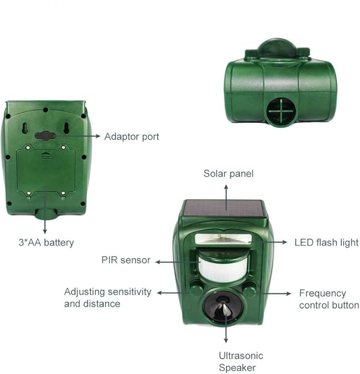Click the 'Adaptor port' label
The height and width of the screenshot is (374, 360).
131,137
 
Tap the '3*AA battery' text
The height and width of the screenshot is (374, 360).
46,242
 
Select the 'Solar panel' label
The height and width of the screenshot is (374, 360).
229,173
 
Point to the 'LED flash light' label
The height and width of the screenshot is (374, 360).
327,242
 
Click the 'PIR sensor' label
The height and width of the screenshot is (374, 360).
126,260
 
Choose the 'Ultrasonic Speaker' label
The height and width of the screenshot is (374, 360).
241,362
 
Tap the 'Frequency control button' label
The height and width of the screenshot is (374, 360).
329,299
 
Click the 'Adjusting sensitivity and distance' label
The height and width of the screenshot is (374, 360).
108,298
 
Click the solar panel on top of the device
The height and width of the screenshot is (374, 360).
224,208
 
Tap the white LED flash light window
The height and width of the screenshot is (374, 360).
223,239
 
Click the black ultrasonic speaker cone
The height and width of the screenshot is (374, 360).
223,307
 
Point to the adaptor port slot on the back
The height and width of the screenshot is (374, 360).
46,136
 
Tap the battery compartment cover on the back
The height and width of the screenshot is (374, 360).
46,171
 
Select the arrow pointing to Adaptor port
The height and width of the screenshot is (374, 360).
77,136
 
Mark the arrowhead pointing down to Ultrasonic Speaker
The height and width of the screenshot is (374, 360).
226,341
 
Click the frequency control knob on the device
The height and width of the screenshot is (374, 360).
249,289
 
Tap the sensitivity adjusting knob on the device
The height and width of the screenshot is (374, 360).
197,289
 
